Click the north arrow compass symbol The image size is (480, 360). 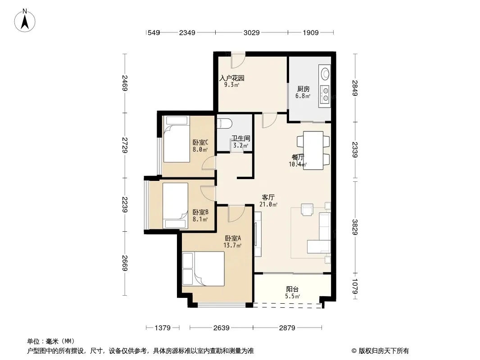(x=25, y=21)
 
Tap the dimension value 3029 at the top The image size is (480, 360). (x=252, y=32)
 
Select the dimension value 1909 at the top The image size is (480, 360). (x=311, y=32)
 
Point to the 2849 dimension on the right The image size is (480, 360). (x=355, y=88)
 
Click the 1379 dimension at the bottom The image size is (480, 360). (x=163, y=328)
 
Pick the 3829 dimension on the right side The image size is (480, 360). (x=355, y=227)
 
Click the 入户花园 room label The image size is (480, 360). (x=232, y=78)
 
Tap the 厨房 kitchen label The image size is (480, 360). (x=303, y=89)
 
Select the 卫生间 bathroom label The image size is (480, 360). (x=241, y=139)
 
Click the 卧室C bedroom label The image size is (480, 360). (x=200, y=143)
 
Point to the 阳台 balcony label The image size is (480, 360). (x=292, y=289)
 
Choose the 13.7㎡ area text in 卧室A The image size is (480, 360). (x=232, y=245)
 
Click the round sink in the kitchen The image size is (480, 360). (x=325, y=74)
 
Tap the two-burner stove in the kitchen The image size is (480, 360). (x=325, y=94)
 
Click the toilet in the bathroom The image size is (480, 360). (x=224, y=123)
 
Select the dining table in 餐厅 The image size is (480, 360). (x=313, y=150)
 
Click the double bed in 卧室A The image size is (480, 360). (x=203, y=269)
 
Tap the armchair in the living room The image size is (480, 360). (x=307, y=210)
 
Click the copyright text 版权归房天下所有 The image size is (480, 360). (x=384, y=351)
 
